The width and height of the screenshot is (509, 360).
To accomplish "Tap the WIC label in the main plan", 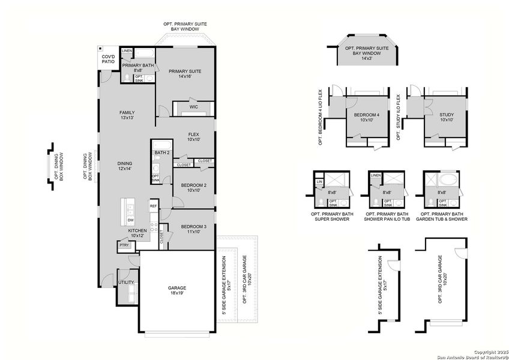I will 194,107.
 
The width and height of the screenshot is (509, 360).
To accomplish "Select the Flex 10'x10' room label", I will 193,137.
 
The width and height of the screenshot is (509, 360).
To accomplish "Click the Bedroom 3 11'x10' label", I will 193,229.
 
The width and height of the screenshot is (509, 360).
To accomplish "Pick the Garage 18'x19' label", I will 177,291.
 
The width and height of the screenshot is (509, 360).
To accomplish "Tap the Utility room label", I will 126,282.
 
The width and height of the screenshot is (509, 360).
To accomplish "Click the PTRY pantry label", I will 124,245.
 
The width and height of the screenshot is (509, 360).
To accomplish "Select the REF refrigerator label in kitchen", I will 153,206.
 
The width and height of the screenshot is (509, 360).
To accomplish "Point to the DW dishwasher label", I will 130,220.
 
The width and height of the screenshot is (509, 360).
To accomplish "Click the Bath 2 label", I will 161,153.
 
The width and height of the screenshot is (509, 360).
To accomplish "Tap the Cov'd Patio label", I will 108,59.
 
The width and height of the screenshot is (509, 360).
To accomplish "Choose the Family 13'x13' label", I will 126,115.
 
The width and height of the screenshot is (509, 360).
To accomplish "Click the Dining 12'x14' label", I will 125,166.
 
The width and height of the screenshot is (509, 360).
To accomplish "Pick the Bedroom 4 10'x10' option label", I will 366,117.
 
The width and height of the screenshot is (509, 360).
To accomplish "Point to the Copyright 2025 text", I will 490,351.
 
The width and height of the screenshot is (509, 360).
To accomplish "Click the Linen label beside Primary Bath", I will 127,51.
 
